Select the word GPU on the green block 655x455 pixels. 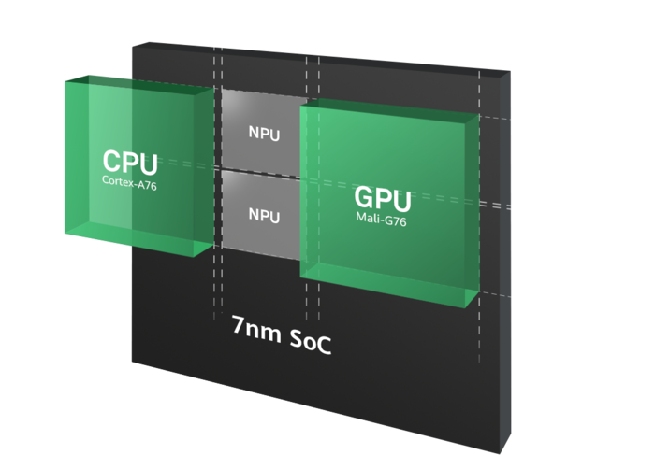coord(382,199)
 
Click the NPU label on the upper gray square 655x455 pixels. coord(264,132)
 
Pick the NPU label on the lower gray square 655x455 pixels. coord(264,215)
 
